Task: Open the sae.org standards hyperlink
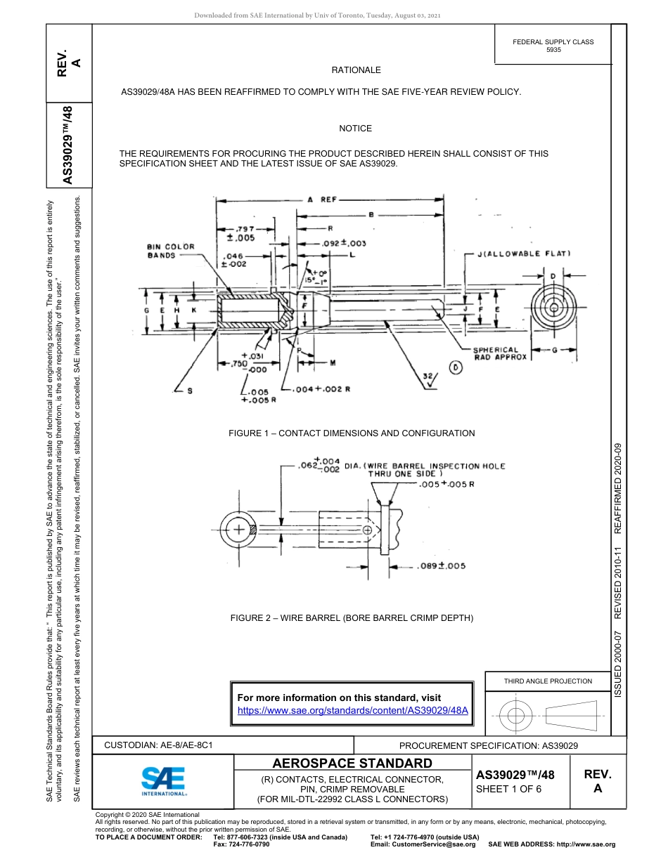click(353, 710)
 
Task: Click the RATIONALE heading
click(356, 70)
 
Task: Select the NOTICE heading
click(355, 129)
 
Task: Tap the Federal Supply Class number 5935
click(553, 51)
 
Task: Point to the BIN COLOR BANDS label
click(170, 251)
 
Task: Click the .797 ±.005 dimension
click(245, 233)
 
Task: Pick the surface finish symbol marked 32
click(427, 377)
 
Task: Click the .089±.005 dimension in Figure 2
click(441, 565)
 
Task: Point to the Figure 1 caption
click(352, 433)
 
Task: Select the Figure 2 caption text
click(352, 618)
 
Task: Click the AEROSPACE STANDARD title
click(352, 764)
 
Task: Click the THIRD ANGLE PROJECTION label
click(548, 681)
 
